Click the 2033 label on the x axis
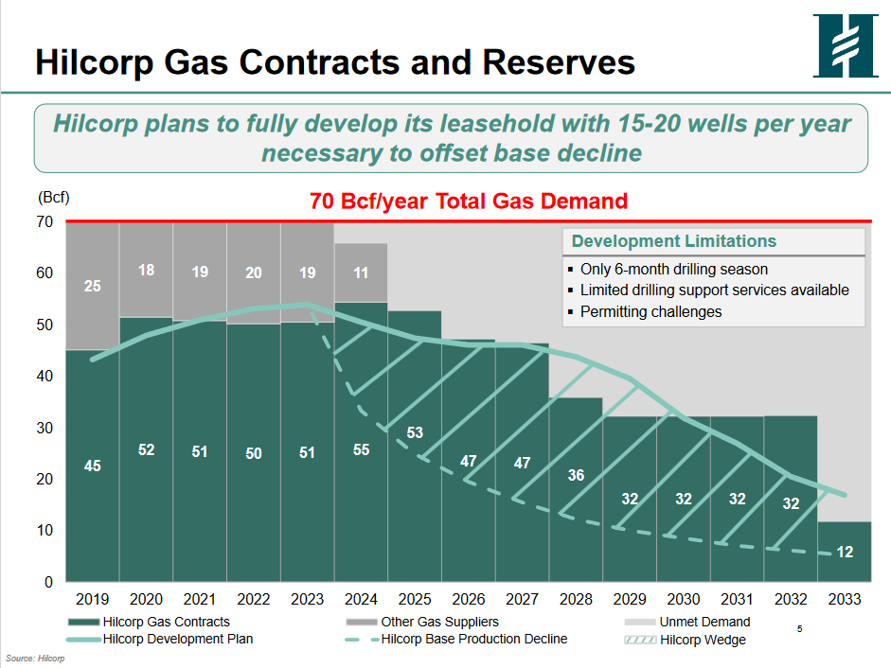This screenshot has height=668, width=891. pyautogui.click(x=845, y=599)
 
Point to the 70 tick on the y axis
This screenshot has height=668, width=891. pyautogui.click(x=45, y=222)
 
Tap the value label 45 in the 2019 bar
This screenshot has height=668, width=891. pyautogui.click(x=92, y=466)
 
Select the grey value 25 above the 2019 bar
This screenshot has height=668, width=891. pyautogui.click(x=92, y=285)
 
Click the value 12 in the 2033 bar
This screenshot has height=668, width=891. pyautogui.click(x=846, y=552)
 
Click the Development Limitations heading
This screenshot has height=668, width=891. pyautogui.click(x=673, y=241)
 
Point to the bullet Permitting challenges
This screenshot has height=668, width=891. pyautogui.click(x=650, y=311)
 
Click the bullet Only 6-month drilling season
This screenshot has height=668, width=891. pyautogui.click(x=673, y=270)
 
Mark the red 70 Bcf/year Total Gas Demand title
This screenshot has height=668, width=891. pyautogui.click(x=469, y=201)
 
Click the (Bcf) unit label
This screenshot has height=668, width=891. pyautogui.click(x=53, y=198)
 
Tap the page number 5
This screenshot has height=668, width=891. pyautogui.click(x=800, y=628)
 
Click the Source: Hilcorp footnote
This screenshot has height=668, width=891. pyautogui.click(x=35, y=658)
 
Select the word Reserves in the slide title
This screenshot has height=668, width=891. pyautogui.click(x=560, y=62)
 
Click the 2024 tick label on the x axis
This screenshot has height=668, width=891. pyautogui.click(x=361, y=599)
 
